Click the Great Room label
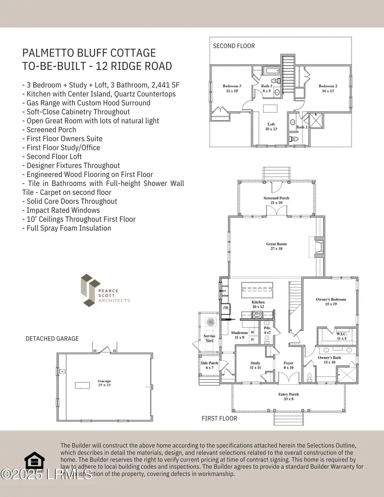click(x=276, y=247)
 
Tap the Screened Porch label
click(x=276, y=200)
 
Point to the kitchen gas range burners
click(x=258, y=315)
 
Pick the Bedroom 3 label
click(x=232, y=88)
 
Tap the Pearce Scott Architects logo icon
click(x=90, y=290)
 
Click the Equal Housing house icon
click(x=35, y=462)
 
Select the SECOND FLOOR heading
click(x=234, y=46)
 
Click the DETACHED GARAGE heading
click(x=52, y=338)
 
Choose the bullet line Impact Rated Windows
click(x=61, y=210)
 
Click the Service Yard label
click(x=209, y=338)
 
